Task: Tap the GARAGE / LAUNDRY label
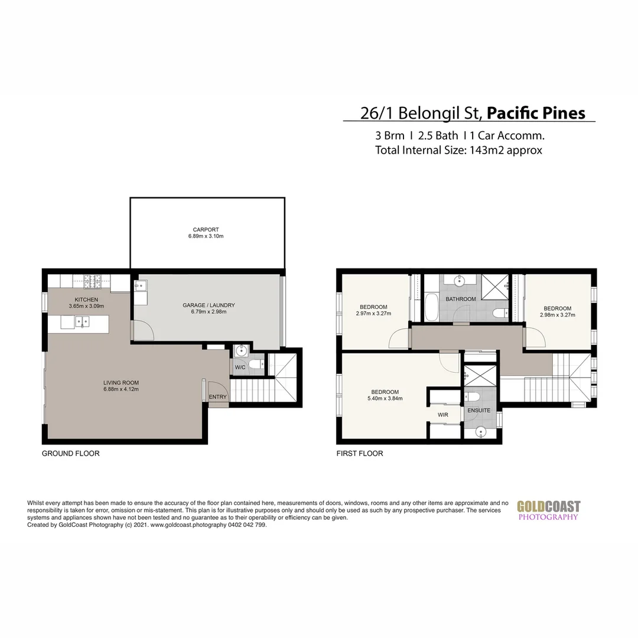pos(209,305)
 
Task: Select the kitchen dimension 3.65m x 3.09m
pos(86,306)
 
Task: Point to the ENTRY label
pos(218,397)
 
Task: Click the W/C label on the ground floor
pos(240,367)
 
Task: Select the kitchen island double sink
pos(82,322)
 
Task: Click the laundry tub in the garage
pos(141,286)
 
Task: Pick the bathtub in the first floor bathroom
pos(431,306)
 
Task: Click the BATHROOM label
pos(461,299)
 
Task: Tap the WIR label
pos(443,415)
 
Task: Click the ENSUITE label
pos(479,409)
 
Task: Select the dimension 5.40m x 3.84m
pos(385,399)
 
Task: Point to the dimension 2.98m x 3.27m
pos(557,315)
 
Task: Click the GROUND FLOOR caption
pos(70,454)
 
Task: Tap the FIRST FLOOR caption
pos(360,454)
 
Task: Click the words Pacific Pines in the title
pos(536,113)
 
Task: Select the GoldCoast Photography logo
pos(548,510)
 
